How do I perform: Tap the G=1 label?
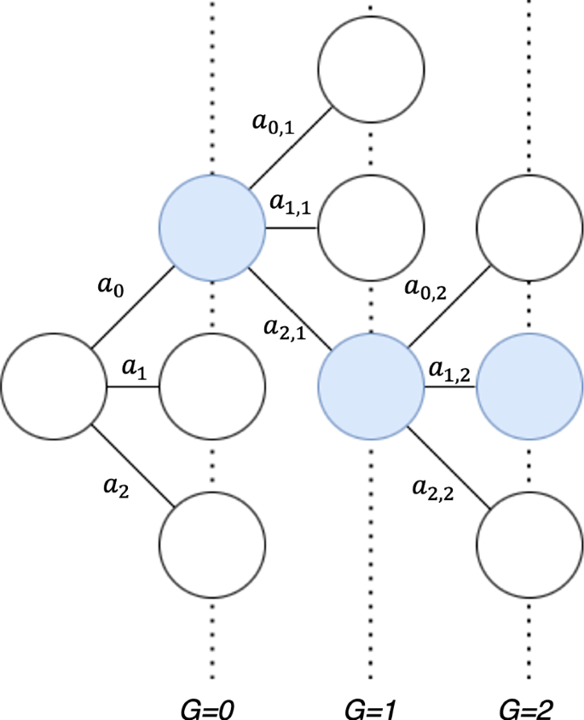tap(368, 707)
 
